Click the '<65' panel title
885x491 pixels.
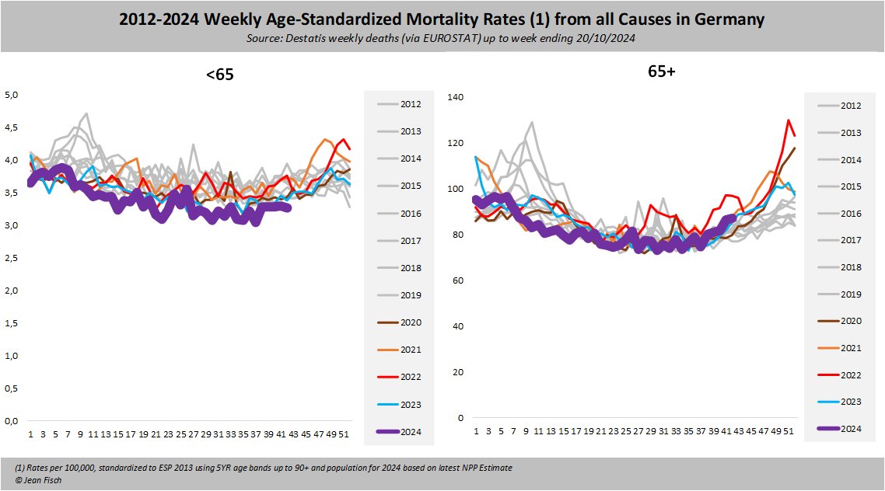click(220, 75)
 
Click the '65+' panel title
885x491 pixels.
click(662, 71)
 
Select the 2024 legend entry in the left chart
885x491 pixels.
click(411, 431)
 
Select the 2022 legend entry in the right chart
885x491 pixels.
click(849, 374)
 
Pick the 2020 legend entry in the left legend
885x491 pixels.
click(411, 322)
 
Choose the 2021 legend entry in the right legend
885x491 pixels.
click(849, 348)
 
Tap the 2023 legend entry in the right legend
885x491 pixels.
click(849, 402)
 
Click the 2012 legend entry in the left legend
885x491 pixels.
click(411, 103)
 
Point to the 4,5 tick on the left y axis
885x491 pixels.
click(12, 128)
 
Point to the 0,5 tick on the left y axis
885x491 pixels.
click(12, 388)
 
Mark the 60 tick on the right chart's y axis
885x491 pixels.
click(457, 280)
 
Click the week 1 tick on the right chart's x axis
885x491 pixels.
click(476, 431)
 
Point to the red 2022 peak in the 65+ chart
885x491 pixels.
click(788, 120)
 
